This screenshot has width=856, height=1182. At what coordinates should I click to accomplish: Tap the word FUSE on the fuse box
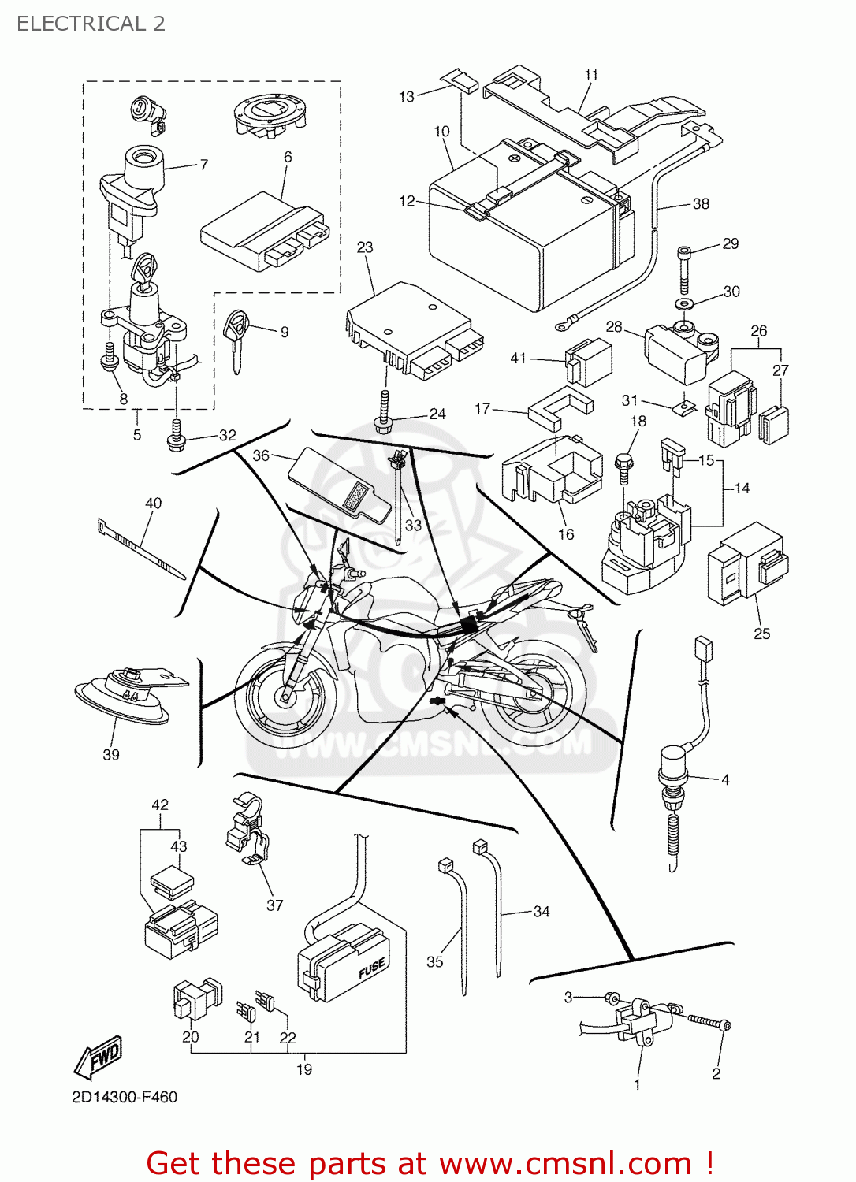coord(371,968)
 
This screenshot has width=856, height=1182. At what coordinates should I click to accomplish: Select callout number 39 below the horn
coord(111,755)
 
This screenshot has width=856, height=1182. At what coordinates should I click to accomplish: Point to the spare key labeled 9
coord(236,337)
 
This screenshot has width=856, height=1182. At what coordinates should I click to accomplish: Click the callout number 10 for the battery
coord(441,132)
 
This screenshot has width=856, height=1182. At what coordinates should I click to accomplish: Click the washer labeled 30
coord(684,303)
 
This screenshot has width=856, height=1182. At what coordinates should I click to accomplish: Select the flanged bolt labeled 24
coord(385,414)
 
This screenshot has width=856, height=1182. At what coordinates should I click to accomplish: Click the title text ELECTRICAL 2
coord(91,24)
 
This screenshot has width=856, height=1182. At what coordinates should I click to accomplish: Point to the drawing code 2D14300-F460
coord(125,1097)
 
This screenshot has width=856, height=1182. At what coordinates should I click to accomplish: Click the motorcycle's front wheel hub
coord(285,695)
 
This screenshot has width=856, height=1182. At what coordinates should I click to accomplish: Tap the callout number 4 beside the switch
coord(725,779)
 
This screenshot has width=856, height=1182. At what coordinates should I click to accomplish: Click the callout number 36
coord(261,455)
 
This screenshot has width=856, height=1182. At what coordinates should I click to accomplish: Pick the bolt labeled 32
coord(177,436)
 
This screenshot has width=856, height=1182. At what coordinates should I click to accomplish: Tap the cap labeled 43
coord(172,881)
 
